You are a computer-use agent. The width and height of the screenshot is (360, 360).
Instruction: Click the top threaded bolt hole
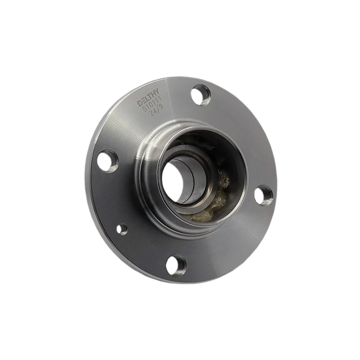pos(201,95)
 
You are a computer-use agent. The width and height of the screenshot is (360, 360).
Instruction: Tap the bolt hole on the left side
pos(107,161)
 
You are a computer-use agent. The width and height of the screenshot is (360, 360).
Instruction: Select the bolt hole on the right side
pos(264,195)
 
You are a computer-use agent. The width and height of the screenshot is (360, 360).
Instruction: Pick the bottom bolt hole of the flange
pos(176,265)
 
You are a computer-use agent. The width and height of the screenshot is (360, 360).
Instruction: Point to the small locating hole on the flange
pos(122,229)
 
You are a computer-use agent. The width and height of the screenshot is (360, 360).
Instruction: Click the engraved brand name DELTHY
pos(148,97)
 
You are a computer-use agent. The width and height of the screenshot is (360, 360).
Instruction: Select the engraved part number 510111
pos(152,104)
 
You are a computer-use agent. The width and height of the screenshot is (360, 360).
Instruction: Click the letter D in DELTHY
pos(140,103)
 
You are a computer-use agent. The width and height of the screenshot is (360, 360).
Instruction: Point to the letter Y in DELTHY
pos(156,91)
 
